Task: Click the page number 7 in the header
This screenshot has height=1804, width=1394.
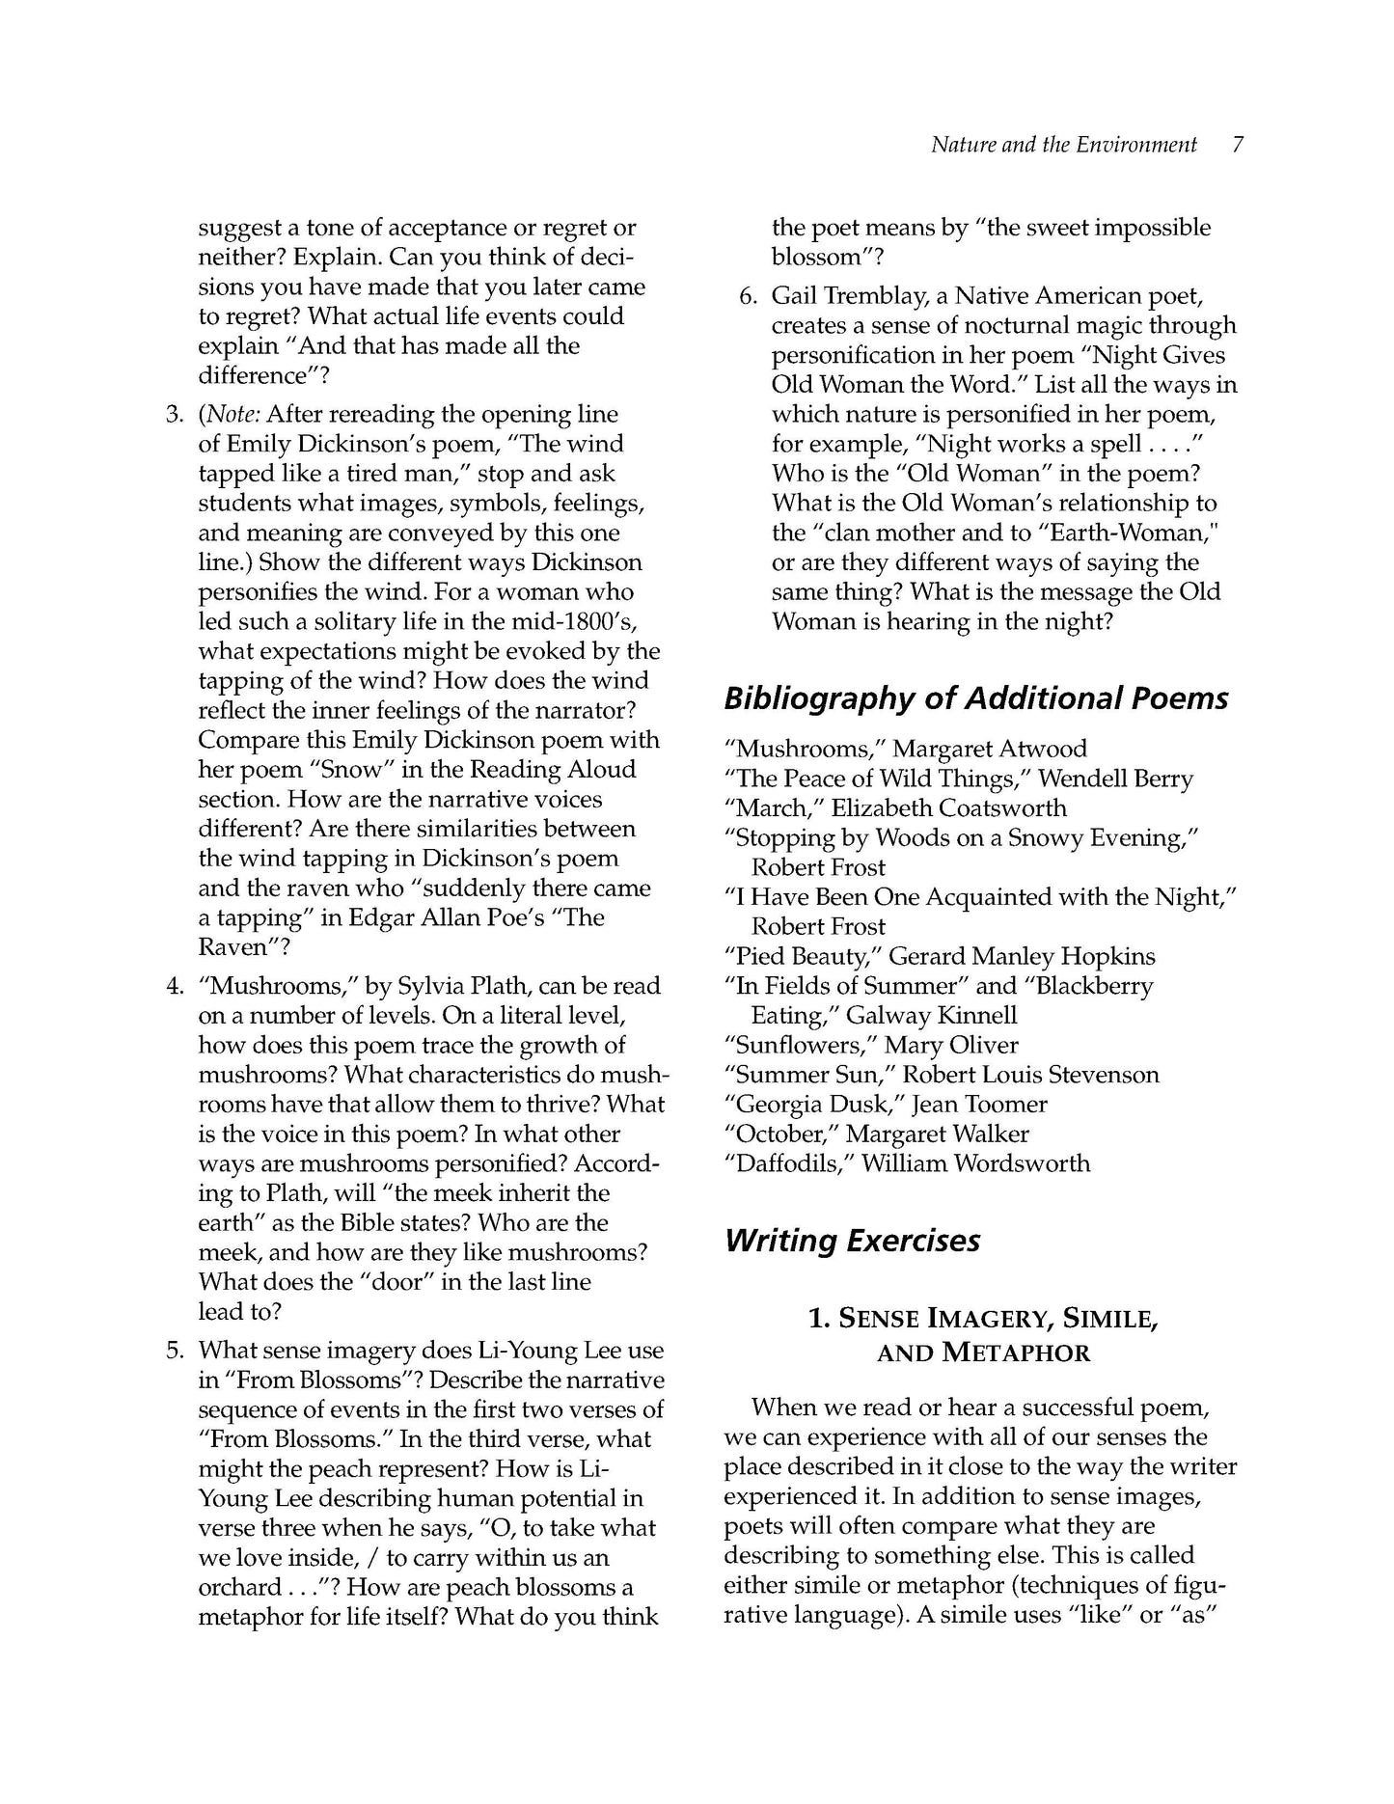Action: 1237,145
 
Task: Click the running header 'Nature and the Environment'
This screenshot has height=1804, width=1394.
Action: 1063,145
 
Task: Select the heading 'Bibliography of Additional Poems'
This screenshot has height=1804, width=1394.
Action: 975,698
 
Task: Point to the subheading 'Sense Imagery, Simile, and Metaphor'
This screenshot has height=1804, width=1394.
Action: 983,1335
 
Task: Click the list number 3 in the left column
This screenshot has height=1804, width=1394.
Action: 174,415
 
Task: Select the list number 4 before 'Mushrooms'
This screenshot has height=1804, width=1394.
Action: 174,986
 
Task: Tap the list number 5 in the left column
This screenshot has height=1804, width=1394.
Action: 174,1351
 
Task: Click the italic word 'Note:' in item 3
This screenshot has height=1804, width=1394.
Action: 229,415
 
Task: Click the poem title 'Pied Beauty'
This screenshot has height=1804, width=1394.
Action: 801,957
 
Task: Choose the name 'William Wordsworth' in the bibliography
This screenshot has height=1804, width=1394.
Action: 975,1163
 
